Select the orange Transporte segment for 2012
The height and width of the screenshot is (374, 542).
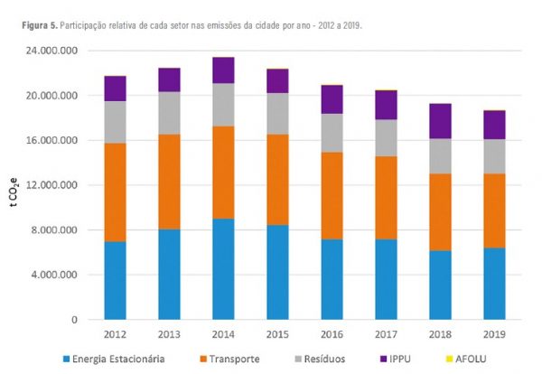click(115, 192)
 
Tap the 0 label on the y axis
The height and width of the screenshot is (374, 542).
click(76, 320)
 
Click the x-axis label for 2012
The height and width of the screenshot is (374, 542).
click(115, 335)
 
